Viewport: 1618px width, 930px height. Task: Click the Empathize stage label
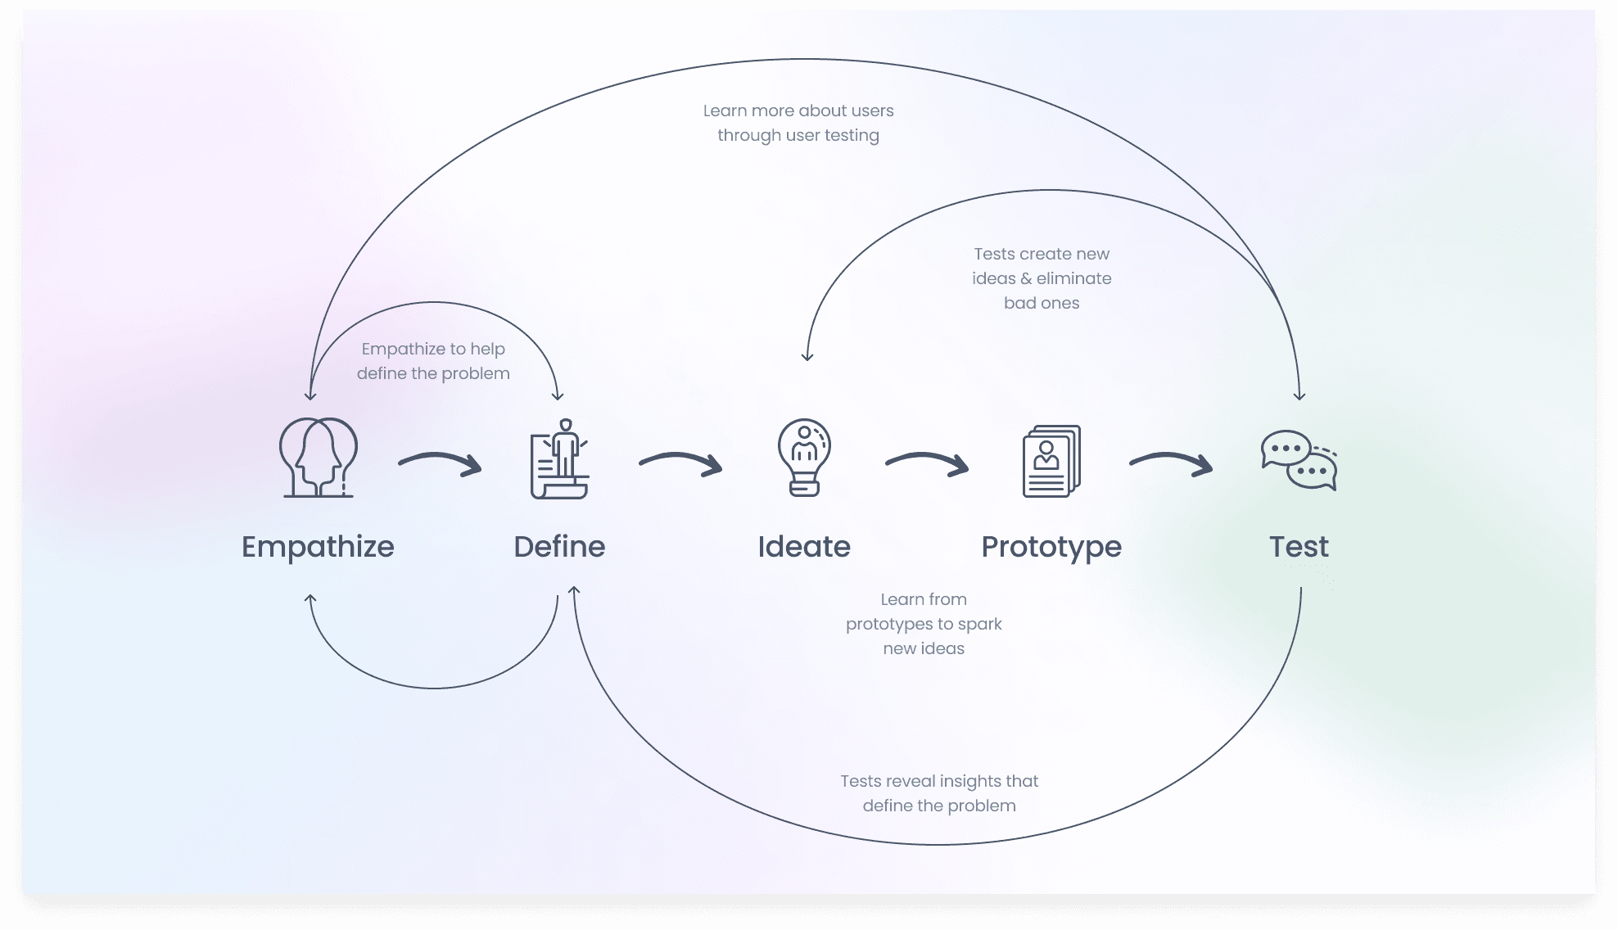pos(318,548)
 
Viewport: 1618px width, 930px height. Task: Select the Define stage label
pos(559,547)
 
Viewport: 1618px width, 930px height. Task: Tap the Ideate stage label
pos(804,547)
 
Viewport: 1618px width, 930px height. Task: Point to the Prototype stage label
pos(1051,548)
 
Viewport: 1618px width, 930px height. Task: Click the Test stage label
pos(1299,547)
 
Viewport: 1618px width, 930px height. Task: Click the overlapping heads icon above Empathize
pos(319,457)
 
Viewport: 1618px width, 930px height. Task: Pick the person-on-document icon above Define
pos(559,458)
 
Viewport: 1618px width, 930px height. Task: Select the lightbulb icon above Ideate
pos(804,458)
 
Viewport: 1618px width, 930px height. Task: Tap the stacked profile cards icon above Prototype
pos(1051,461)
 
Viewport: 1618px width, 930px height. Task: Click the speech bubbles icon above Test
pos(1299,460)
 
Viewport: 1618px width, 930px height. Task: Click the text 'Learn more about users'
pos(798,111)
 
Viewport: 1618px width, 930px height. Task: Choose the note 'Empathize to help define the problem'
pos(433,361)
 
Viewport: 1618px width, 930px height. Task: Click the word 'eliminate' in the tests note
pos(1073,278)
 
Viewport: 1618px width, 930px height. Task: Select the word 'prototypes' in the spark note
pos(889,625)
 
